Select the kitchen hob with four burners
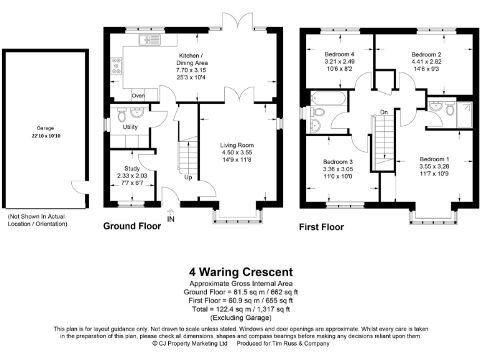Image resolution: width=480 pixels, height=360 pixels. (116, 66)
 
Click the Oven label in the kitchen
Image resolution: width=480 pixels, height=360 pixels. (138, 96)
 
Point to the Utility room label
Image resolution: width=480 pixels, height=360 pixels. (130, 127)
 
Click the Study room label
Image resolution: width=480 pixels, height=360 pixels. (132, 168)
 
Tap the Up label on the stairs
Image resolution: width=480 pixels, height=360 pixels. (187, 177)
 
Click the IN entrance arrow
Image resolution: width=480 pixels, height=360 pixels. (171, 219)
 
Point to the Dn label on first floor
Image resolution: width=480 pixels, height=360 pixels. (384, 113)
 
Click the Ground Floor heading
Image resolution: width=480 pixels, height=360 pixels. (131, 226)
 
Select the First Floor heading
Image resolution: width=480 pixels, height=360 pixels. (321, 227)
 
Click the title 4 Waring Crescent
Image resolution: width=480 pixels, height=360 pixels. (241, 272)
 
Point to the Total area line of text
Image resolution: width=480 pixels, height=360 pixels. (241, 309)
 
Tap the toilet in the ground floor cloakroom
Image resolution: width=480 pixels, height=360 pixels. (121, 115)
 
